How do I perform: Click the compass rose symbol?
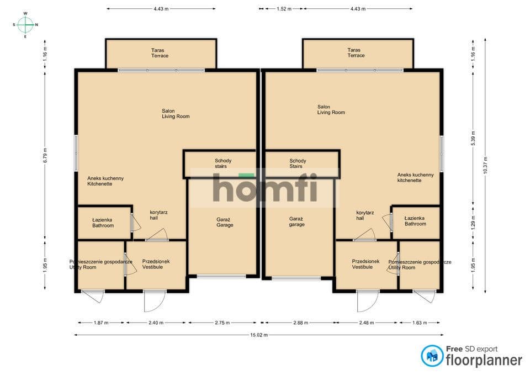point(25,25)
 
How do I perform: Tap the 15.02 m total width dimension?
point(259,335)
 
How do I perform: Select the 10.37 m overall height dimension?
point(485,165)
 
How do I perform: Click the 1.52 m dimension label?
point(284,9)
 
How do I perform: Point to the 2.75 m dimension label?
point(222,323)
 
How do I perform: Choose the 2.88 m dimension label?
point(300,323)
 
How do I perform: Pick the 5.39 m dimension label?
point(473,138)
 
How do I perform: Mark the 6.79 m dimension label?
point(45,155)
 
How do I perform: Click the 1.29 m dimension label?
point(473,223)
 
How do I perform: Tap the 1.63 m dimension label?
point(420,323)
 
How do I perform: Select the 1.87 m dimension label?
point(101,323)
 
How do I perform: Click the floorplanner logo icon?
point(432,356)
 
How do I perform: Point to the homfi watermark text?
point(265,188)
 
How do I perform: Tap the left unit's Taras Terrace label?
point(160,53)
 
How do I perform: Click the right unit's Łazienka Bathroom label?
point(415,221)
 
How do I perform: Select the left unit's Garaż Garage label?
point(225,222)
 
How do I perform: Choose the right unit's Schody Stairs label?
point(298,163)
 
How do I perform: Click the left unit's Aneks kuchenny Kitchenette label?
point(105,181)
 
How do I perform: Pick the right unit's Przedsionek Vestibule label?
point(365,264)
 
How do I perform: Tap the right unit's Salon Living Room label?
point(331,109)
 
